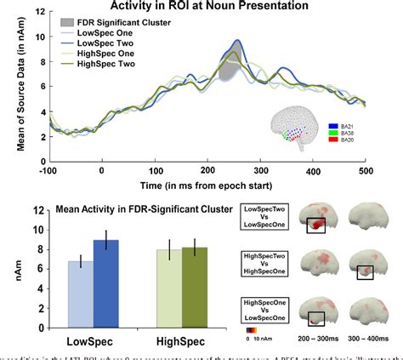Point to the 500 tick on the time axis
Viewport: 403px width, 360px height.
[x=367, y=170]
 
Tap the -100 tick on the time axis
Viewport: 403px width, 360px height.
[x=48, y=170]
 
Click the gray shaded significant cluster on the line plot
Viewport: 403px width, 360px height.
[x=226, y=73]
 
